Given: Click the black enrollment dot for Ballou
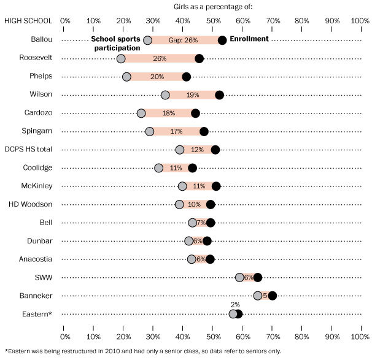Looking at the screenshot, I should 222,40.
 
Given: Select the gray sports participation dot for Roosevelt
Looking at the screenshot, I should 121,58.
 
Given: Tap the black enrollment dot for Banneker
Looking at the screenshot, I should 273,296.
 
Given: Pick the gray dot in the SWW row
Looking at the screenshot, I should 239,277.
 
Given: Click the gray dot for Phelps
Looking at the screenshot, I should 126,77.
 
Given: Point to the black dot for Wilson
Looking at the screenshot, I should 219,94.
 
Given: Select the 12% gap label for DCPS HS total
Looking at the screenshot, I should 197,150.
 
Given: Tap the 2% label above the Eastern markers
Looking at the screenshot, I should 235,304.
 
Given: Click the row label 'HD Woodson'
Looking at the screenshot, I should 38,204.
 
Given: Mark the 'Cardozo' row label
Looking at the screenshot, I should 38,113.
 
